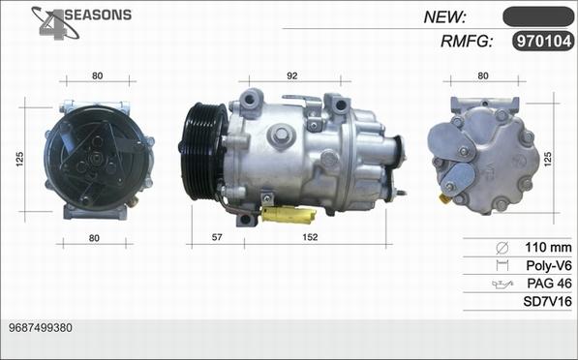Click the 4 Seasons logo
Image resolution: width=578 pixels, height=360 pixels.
(81, 22)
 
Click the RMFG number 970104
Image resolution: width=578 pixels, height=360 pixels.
(544, 41)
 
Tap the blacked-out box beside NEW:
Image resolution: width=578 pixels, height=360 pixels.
(538, 16)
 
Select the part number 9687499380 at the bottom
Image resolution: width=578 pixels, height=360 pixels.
(41, 327)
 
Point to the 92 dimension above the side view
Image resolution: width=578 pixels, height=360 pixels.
(292, 75)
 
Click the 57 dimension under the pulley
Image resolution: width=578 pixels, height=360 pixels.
(217, 237)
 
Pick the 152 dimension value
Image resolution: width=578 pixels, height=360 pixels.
(310, 237)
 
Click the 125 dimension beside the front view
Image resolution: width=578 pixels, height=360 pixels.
(20, 159)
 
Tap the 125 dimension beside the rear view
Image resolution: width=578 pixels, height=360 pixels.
(548, 159)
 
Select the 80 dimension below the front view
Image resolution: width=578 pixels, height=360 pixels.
(94, 238)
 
